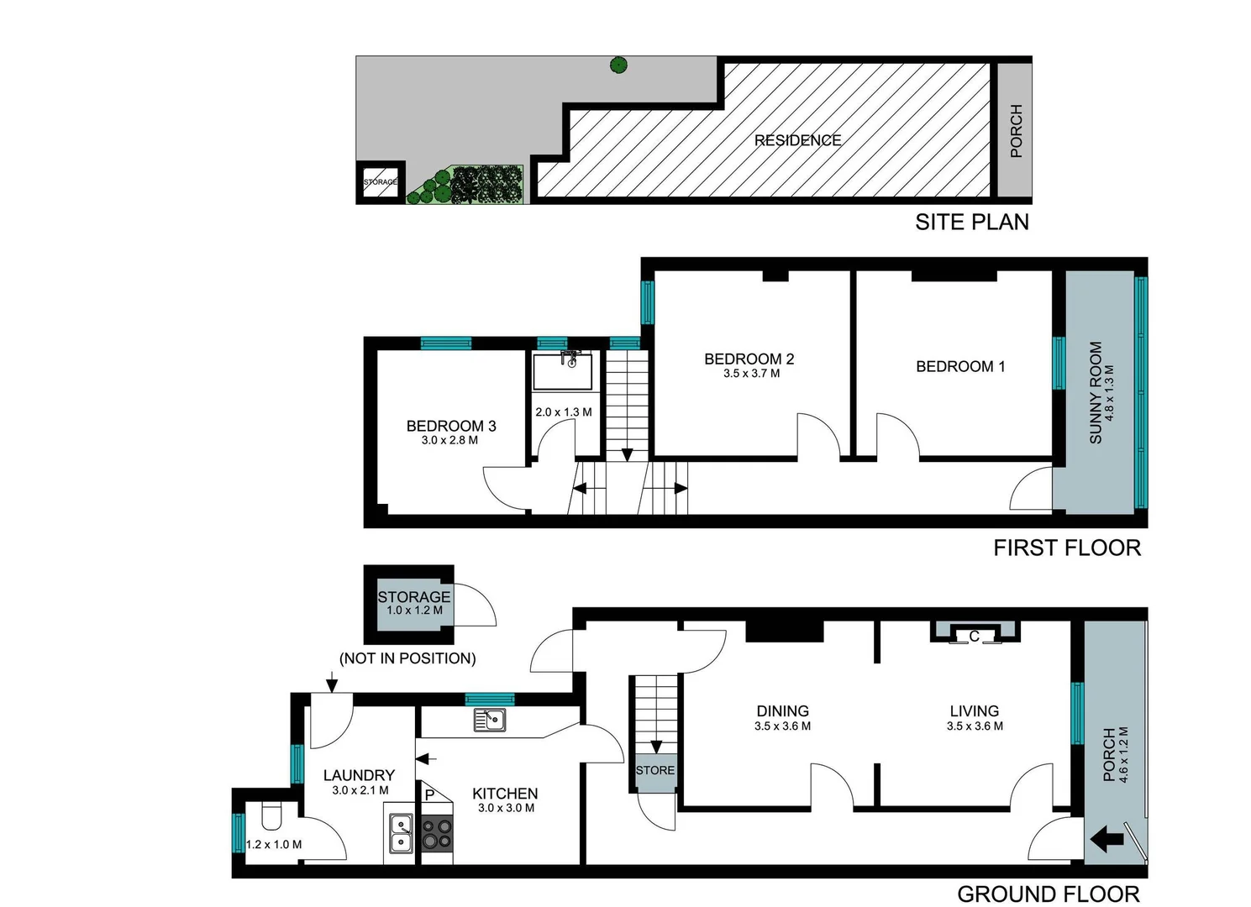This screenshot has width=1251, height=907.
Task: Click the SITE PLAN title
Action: [x=971, y=223]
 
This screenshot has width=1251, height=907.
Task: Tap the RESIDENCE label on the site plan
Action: [x=797, y=140]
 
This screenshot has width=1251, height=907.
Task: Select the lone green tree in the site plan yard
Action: [x=618, y=65]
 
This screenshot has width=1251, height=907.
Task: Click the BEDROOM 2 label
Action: [x=749, y=359]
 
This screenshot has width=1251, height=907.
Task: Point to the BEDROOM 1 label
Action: [x=959, y=366]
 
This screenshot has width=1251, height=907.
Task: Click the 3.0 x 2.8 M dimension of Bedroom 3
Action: [x=449, y=440]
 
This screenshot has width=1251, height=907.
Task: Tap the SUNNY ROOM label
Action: [x=1096, y=392]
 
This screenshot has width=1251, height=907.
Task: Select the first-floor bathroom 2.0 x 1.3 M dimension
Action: [x=563, y=412]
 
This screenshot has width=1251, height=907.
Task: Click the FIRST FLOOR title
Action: [x=1066, y=548]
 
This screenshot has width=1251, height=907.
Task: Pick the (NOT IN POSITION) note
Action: [x=407, y=658]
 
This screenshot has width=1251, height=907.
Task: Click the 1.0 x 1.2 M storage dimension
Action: [x=414, y=611]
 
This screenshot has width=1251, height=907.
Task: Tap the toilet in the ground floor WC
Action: [x=271, y=816]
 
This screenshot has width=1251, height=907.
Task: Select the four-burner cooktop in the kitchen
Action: [x=436, y=834]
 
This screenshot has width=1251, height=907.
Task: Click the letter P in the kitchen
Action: [x=429, y=794]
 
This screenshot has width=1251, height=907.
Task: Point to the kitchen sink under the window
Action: [x=490, y=720]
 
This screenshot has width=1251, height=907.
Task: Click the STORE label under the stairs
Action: [x=654, y=770]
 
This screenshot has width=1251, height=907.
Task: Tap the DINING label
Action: [x=782, y=710]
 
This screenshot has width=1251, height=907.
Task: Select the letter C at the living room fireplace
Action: [x=974, y=637]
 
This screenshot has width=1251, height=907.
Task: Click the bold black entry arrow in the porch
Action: [x=1106, y=838]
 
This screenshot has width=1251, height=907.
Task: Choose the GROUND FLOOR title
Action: [x=1048, y=894]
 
